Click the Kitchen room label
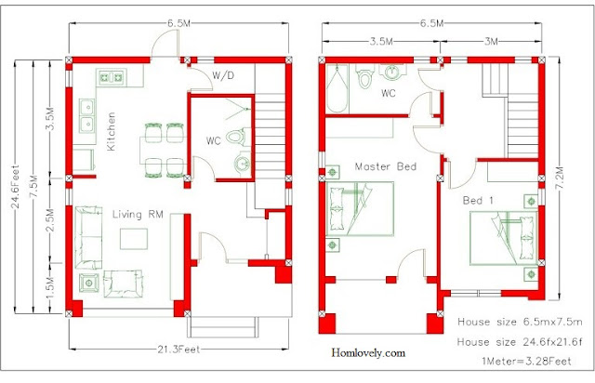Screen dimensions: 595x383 112,131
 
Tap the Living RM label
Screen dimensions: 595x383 138,215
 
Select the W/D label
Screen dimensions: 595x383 223,75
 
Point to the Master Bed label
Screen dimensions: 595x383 386,166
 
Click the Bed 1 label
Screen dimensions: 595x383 478,200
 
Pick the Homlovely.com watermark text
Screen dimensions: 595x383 368,352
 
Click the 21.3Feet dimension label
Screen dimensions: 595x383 178,350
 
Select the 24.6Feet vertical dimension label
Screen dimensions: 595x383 16,186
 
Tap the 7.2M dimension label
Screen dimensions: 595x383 560,178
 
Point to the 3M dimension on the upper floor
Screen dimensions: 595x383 491,41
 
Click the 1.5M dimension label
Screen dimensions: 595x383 50,288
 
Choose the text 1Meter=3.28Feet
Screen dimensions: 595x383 526,361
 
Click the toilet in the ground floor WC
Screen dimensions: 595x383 238,138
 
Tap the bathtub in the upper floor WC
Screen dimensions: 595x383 337,89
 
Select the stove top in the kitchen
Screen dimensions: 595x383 111,78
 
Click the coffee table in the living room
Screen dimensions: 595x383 134,238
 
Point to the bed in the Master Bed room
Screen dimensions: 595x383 360,209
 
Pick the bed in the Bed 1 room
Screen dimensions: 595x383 504,238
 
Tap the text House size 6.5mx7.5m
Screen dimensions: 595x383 520,322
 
